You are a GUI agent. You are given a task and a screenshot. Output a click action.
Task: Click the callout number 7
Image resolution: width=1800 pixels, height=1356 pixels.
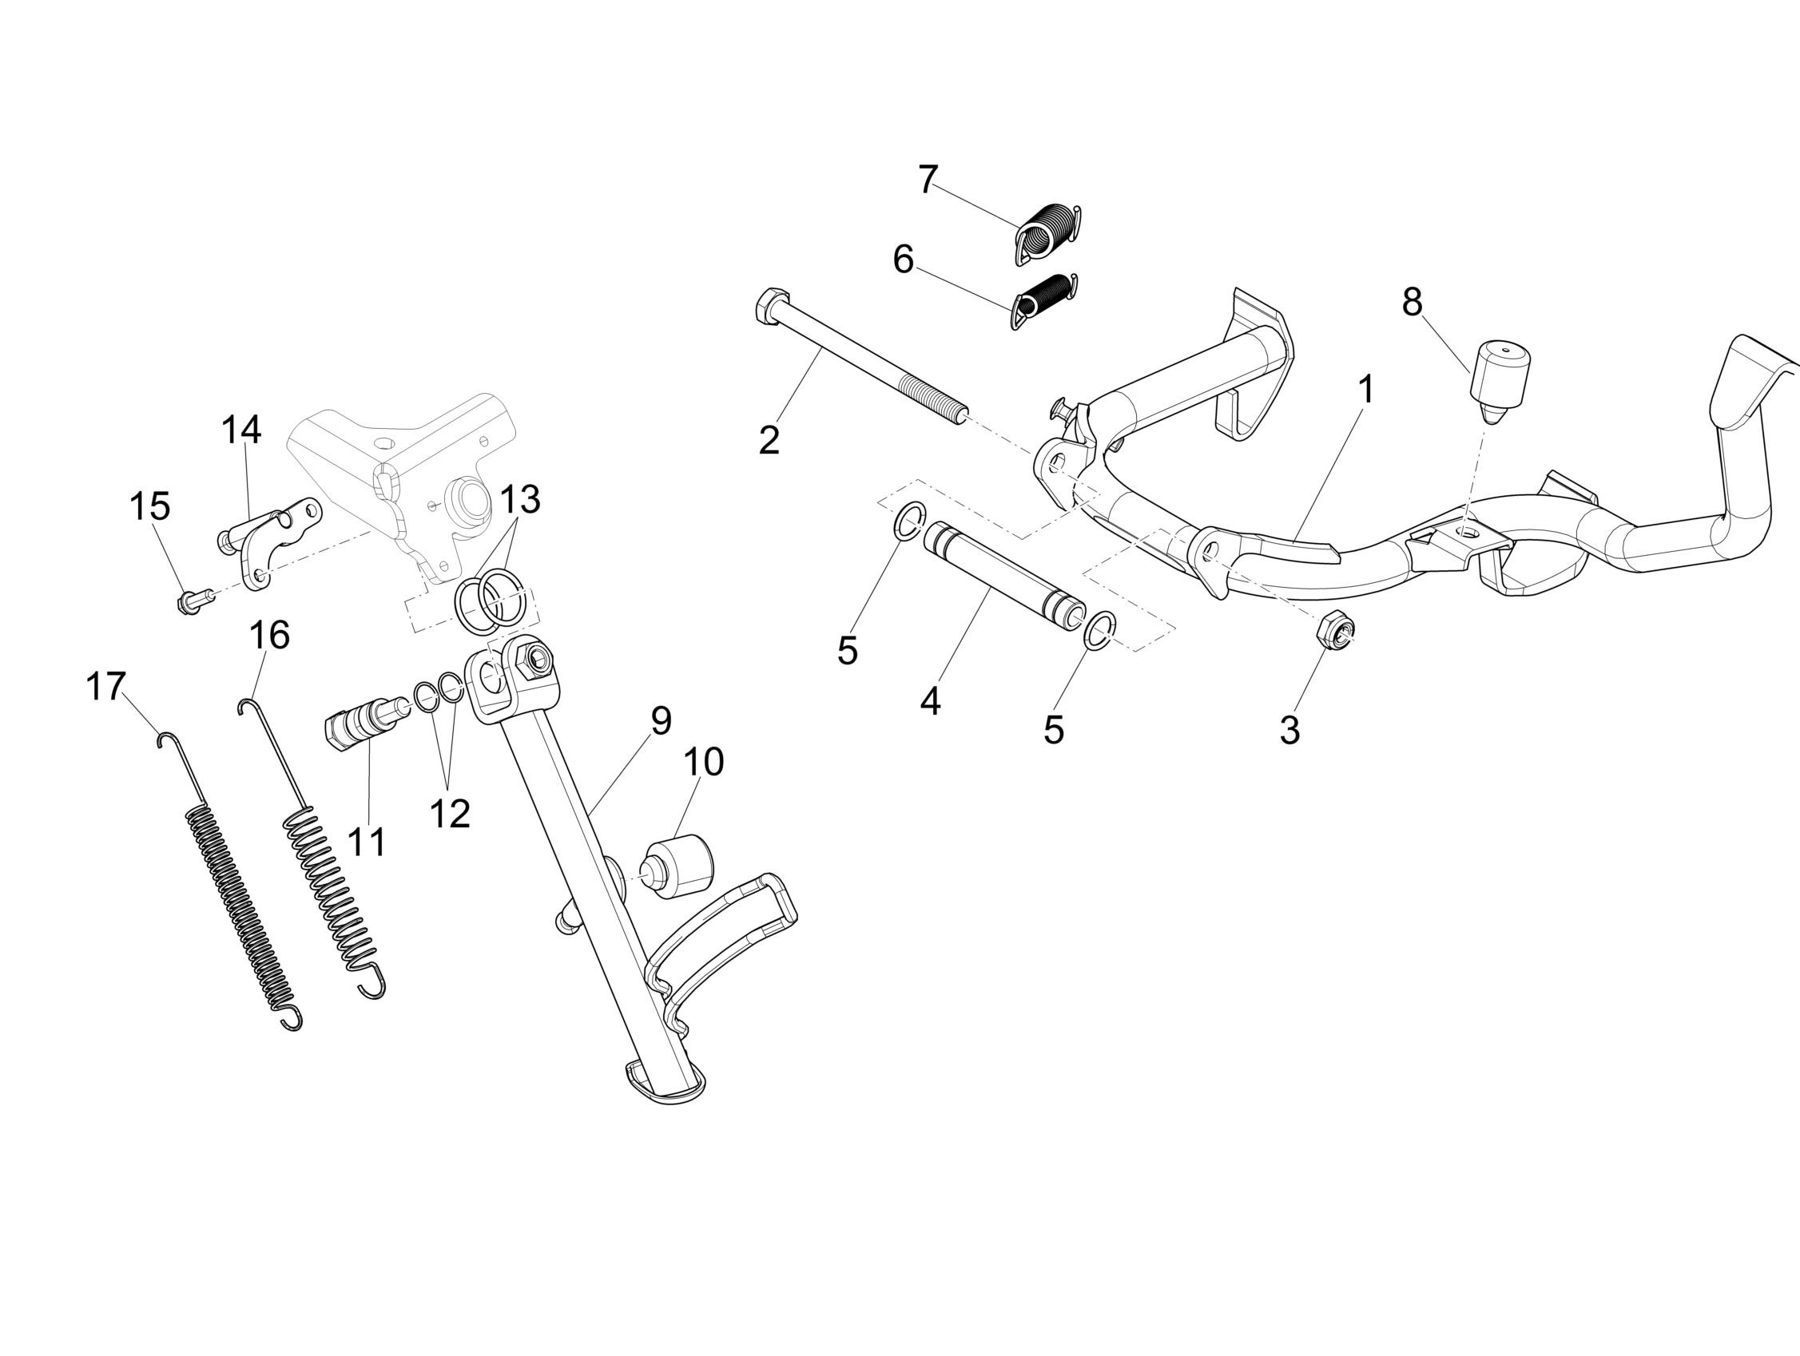tap(928, 180)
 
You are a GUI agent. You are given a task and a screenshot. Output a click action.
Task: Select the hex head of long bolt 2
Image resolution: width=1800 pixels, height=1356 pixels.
tap(770, 306)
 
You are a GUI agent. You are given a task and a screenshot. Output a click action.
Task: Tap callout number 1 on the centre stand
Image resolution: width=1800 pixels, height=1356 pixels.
tap(1366, 390)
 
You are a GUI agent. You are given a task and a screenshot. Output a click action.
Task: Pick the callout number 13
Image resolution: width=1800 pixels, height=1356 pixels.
tap(520, 499)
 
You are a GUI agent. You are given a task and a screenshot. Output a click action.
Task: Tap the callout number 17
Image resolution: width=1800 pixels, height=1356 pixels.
tap(105, 688)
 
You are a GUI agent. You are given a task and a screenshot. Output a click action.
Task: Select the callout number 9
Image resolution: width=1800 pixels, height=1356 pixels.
tap(660, 720)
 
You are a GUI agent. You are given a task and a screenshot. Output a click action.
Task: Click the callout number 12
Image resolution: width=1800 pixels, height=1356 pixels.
tap(450, 814)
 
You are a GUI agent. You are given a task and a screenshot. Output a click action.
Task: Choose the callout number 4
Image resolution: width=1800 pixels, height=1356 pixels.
tap(930, 700)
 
